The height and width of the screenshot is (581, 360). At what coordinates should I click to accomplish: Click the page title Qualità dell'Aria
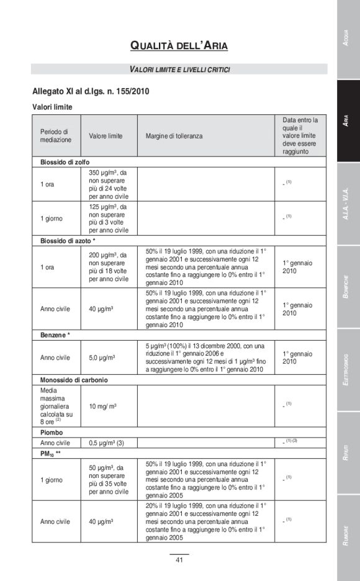pos(179,45)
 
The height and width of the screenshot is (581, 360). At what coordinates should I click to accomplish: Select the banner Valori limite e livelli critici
pos(179,69)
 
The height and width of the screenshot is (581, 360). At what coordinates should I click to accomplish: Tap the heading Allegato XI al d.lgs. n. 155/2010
pos(91,91)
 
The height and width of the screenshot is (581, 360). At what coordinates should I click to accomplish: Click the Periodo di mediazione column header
pos(56,135)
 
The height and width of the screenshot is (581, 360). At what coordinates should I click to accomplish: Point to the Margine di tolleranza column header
pos(174,135)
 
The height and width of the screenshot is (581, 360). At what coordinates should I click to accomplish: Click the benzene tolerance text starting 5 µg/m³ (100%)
pos(205,358)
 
